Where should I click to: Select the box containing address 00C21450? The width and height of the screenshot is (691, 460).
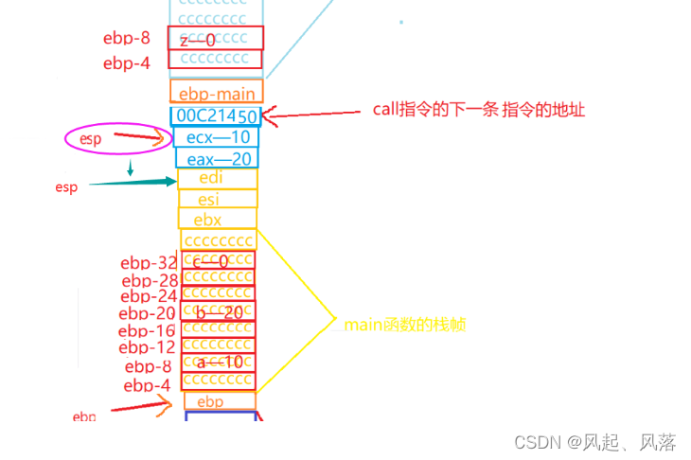point(216,115)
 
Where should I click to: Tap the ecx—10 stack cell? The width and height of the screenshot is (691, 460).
point(216,137)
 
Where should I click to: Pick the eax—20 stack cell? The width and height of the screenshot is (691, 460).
point(216,158)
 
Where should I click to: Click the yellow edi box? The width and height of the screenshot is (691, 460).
point(217,179)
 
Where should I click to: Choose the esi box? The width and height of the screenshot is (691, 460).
point(217,199)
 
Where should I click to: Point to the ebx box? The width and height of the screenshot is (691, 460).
point(217,219)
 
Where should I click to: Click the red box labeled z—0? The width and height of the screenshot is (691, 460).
point(215,38)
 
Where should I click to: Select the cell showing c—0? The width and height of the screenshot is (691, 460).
point(218,259)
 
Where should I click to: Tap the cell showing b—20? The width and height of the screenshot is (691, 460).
point(218,310)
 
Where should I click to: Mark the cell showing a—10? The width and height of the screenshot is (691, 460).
point(218,363)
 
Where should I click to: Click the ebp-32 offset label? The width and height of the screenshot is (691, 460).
point(149,262)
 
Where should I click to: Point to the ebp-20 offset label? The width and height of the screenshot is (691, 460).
point(147,313)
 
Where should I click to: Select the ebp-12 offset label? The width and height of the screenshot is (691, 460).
point(147,347)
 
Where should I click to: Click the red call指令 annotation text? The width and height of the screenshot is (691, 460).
point(479,110)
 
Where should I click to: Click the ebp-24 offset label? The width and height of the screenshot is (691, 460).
point(149,296)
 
